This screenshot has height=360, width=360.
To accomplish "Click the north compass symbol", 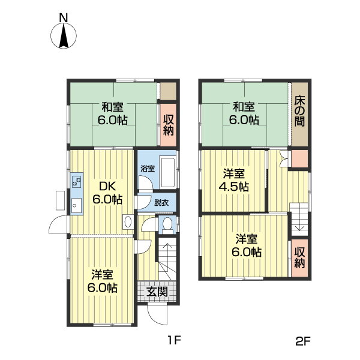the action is pyautogui.click(x=64, y=36).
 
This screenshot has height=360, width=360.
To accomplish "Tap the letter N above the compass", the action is pyautogui.click(x=64, y=17).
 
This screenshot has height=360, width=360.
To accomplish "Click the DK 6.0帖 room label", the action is pyautogui.click(x=107, y=193).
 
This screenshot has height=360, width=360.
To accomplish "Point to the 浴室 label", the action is pyautogui.click(x=148, y=169).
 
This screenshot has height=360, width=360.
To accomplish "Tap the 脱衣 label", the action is pyautogui.click(x=161, y=203).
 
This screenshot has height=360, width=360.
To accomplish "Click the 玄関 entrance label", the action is pyautogui.click(x=157, y=292).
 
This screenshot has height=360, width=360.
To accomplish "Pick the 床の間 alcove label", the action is pyautogui.click(x=299, y=111).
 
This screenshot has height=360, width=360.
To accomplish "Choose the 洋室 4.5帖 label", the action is pyautogui.click(x=234, y=181).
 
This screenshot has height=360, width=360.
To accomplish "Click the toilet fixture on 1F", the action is pyautogui.click(x=167, y=224).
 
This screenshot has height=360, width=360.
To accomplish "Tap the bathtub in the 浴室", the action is pyautogui.click(x=168, y=172).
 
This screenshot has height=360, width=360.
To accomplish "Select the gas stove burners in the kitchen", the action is pyautogui.click(x=76, y=181).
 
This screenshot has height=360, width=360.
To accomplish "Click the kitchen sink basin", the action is pyautogui.click(x=76, y=205).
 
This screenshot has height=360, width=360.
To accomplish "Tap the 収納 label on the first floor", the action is pyautogui.click(x=168, y=125).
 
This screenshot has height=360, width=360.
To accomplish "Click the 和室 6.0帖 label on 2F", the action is pyautogui.click(x=244, y=113).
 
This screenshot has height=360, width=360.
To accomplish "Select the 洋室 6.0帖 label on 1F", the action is pyautogui.click(x=103, y=281).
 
